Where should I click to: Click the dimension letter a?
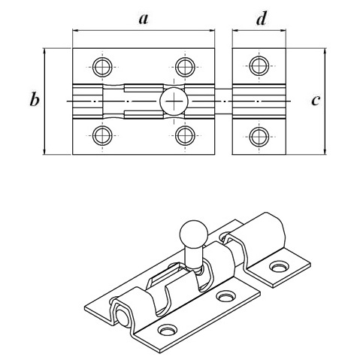click(x=144, y=19)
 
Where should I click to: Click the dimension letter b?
click(x=35, y=99)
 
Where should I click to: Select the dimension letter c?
click(x=316, y=101)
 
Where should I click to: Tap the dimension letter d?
click(x=261, y=19)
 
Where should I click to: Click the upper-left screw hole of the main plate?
click(x=102, y=67)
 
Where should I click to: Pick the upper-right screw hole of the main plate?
click(x=185, y=67)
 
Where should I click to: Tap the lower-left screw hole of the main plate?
click(x=102, y=135)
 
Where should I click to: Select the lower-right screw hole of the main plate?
click(x=185, y=135)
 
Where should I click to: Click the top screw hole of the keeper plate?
click(x=259, y=66)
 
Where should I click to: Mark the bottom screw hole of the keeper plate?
click(x=259, y=137)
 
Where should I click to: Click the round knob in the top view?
click(x=174, y=101)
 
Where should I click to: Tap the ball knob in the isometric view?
click(x=194, y=234)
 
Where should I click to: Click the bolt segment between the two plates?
click(x=223, y=101)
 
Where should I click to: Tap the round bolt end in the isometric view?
click(x=122, y=317)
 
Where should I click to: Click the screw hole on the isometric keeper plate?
click(x=278, y=266)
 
